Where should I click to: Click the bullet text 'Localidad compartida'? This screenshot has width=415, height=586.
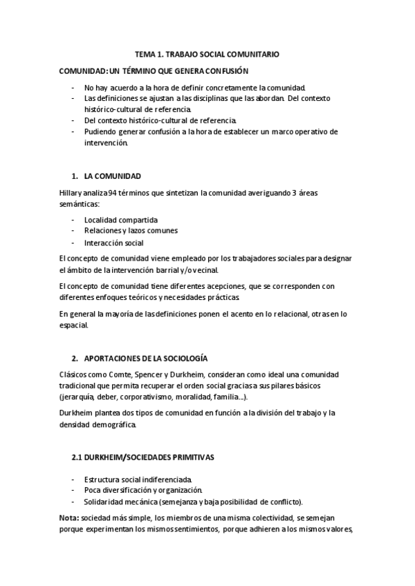(121, 220)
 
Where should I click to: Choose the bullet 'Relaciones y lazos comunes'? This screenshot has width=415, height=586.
(131, 231)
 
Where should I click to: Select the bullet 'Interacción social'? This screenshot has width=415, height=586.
(115, 243)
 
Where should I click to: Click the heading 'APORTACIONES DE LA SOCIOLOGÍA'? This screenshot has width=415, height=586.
(145, 358)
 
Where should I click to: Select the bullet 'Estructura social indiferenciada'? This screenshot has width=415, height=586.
(138, 479)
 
